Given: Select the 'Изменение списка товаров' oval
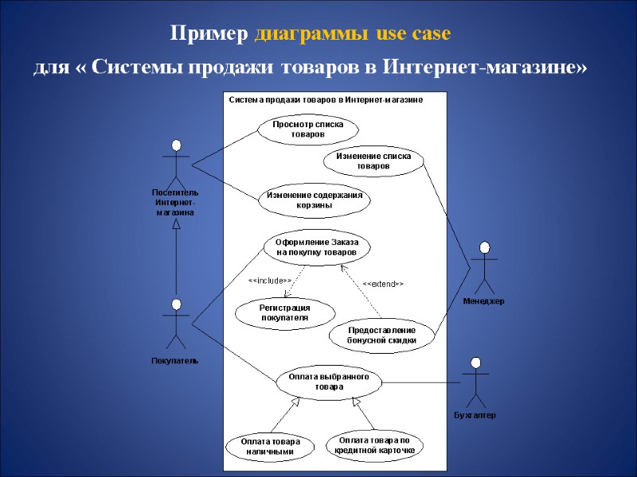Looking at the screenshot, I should pyautogui.click(x=373, y=161).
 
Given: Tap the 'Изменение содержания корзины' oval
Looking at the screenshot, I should pyautogui.click(x=314, y=200).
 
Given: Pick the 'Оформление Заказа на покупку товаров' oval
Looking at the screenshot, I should pyautogui.click(x=317, y=246).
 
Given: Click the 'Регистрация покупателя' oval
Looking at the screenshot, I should pyautogui.click(x=284, y=312).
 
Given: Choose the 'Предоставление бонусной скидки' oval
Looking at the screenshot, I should pyautogui.click(x=381, y=335).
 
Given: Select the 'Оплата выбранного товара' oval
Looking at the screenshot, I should pyautogui.click(x=328, y=381).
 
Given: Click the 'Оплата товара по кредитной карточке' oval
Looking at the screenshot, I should pyautogui.click(x=374, y=444).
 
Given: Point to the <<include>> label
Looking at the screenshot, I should pyautogui.click(x=269, y=281).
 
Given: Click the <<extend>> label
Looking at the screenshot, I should pyautogui.click(x=383, y=283).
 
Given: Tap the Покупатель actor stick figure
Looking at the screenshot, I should pyautogui.click(x=176, y=324).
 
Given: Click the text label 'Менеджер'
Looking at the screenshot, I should pyautogui.click(x=483, y=301).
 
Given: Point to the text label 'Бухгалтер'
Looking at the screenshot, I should pyautogui.click(x=475, y=415).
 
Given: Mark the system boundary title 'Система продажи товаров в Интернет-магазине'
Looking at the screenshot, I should pyautogui.click(x=325, y=100).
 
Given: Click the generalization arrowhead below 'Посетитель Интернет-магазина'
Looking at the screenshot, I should pyautogui.click(x=176, y=224).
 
